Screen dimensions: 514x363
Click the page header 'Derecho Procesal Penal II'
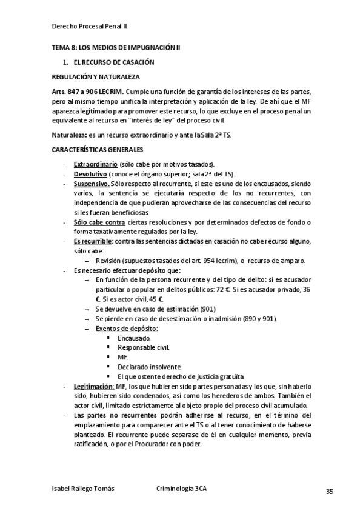[x=90, y=27]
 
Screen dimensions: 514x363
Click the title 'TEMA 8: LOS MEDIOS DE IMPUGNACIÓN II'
[x=116, y=47]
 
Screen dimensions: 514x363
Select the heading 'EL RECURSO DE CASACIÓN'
[x=114, y=62]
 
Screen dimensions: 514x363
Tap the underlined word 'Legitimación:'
[x=94, y=386]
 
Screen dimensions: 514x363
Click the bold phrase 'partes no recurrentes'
[x=125, y=415]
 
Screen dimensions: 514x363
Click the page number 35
[x=329, y=491]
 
